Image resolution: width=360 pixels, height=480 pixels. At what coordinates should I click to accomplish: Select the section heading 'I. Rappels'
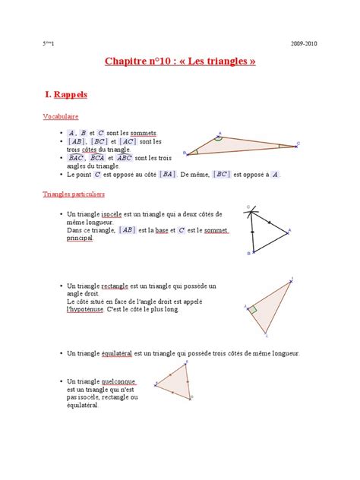point(67,95)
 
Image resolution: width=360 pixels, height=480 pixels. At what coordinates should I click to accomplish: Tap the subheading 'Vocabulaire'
point(58,117)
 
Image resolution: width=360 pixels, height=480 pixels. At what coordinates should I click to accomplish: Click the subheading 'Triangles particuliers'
point(73,194)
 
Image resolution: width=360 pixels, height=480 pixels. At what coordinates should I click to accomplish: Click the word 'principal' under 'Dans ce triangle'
point(79,238)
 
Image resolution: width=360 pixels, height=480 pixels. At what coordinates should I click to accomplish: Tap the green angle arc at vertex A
point(217,139)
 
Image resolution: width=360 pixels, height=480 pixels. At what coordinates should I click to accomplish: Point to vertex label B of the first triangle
point(185,153)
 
